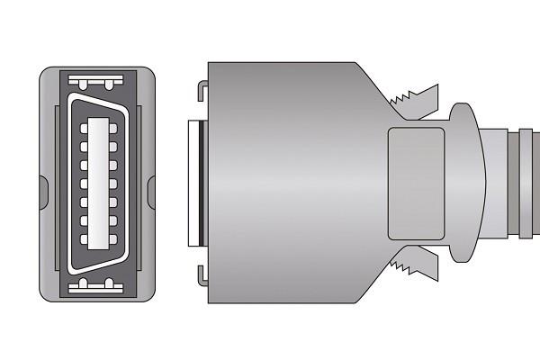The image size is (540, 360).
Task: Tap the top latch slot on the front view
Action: [96, 85]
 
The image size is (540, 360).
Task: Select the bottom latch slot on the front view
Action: [96, 285]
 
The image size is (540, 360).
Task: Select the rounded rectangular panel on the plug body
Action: [416, 184]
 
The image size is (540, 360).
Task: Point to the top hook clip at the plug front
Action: [202, 91]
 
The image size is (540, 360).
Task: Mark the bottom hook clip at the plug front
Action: [202, 275]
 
